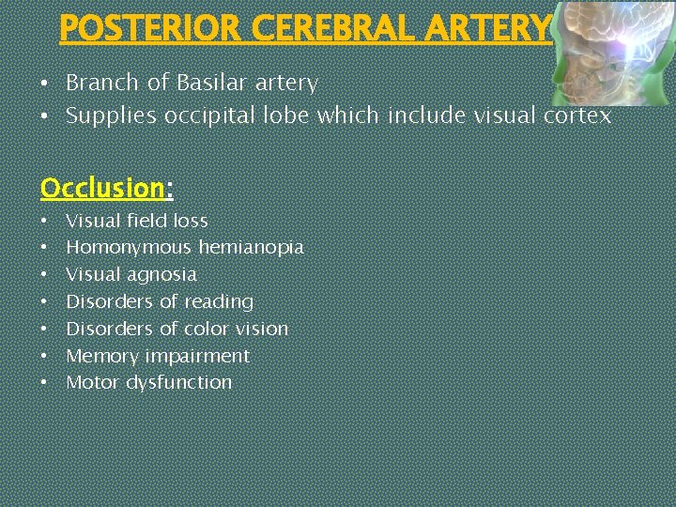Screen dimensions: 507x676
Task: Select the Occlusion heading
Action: coord(103,188)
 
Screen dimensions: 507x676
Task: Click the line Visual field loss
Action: coord(137,222)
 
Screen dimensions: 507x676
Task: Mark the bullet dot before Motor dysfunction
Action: coord(45,383)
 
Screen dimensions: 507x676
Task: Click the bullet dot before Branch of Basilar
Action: coord(45,84)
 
